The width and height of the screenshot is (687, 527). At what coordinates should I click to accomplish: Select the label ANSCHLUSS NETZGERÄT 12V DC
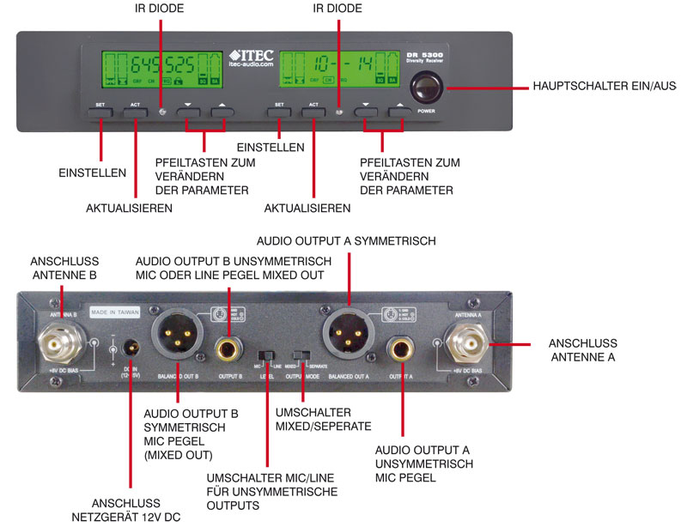[x=127, y=510]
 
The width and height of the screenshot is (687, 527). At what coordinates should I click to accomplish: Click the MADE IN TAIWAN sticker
[x=114, y=313]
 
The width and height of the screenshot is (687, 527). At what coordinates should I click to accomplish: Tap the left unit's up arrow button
[x=222, y=108]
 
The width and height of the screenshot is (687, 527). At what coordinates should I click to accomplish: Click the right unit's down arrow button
[x=366, y=108]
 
